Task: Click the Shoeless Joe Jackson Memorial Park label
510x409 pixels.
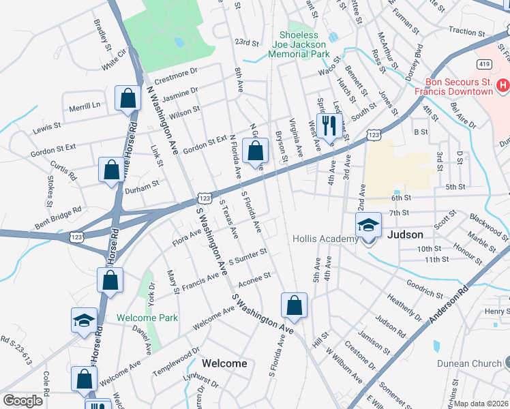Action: pyautogui.click(x=301, y=44)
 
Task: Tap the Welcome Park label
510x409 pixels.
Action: pyautogui.click(x=147, y=318)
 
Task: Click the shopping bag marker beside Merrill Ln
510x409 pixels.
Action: pyautogui.click(x=127, y=100)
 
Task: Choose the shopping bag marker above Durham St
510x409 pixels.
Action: pyautogui.click(x=110, y=170)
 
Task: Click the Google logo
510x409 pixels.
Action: pyautogui.click(x=22, y=401)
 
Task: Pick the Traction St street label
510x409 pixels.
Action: pyautogui.click(x=466, y=31)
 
